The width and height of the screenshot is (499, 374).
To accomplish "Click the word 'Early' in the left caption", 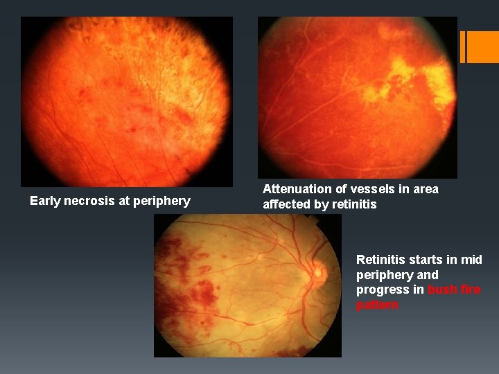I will pos(44,201).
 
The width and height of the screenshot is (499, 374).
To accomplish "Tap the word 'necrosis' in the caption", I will pos(85,201).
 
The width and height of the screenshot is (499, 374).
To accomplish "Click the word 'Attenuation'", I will pos(296,189).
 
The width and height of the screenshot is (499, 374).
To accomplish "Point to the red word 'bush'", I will pos(441,290).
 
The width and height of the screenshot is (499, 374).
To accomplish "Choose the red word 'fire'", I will pos(469,290).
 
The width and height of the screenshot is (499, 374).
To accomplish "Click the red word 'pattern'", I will pos(377,305).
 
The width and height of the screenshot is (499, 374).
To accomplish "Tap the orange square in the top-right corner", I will pos(483,46).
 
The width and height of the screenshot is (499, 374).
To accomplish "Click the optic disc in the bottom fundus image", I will pos(318,272).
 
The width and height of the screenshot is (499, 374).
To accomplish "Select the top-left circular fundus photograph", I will pos(126,102).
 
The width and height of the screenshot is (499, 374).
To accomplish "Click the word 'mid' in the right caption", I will pos(471,260).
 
